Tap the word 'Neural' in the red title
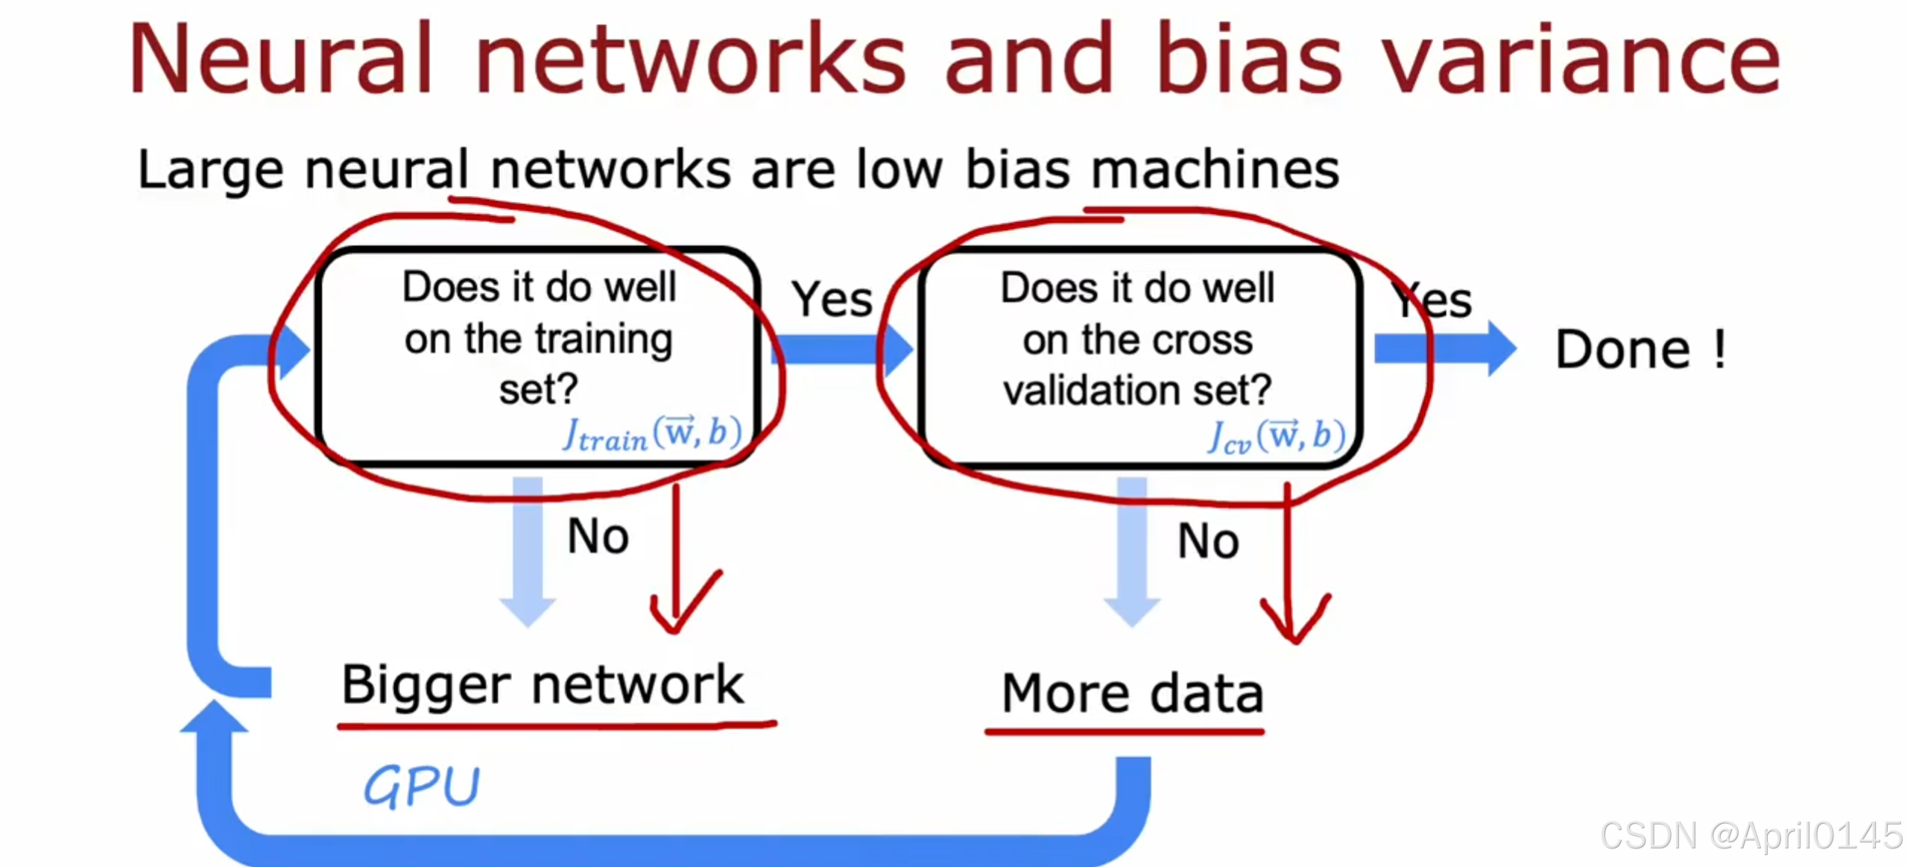(x=279, y=60)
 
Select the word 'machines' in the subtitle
(x=1215, y=170)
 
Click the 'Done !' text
(x=1639, y=349)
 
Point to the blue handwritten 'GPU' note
(x=421, y=786)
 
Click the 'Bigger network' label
(x=543, y=684)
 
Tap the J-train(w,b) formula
(x=652, y=434)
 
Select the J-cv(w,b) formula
(x=1276, y=436)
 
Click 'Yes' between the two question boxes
(x=832, y=300)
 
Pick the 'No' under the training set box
(x=598, y=536)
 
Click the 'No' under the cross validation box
(x=1208, y=540)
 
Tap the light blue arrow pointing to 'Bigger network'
(x=528, y=552)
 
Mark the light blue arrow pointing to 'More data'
(x=1132, y=552)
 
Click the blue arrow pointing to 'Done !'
(x=1446, y=348)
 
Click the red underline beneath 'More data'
(x=1124, y=732)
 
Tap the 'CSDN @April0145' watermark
(x=1751, y=835)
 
